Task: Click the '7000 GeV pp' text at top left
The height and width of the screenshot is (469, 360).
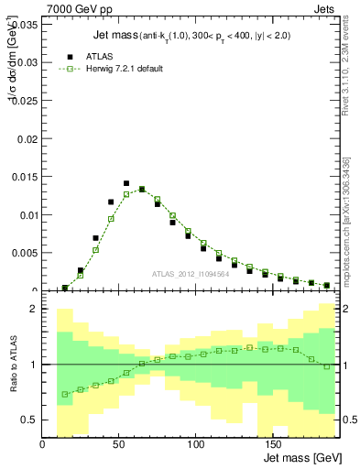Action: pyautogui.click(x=73, y=8)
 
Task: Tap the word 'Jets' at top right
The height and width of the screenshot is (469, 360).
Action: pyautogui.click(x=326, y=8)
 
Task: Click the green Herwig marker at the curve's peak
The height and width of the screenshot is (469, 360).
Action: pyautogui.click(x=142, y=190)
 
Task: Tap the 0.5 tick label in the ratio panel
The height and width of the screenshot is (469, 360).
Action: pyautogui.click(x=28, y=420)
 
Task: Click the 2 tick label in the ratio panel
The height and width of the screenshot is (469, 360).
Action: pyautogui.click(x=32, y=309)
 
